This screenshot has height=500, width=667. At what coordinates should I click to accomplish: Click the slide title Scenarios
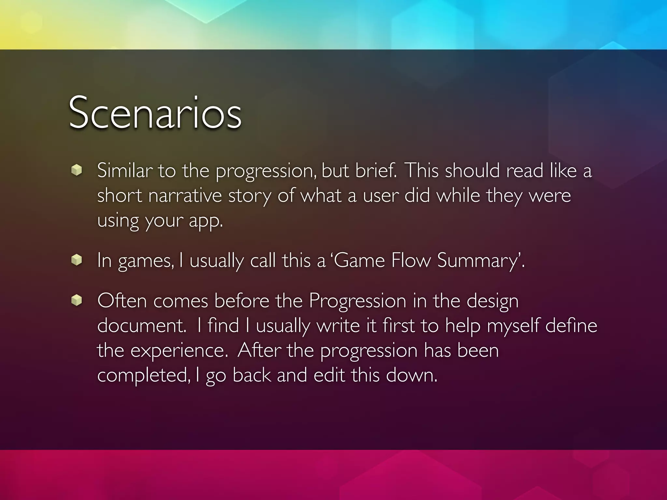(x=155, y=113)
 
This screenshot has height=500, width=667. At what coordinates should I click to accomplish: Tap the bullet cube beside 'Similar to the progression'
(x=77, y=170)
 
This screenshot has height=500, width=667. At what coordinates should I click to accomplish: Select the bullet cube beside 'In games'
(x=77, y=260)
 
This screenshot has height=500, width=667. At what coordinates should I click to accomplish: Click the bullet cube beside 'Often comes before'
(x=77, y=300)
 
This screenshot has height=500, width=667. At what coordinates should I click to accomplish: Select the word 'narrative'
(x=185, y=196)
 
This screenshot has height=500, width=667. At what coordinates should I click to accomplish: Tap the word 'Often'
(x=122, y=300)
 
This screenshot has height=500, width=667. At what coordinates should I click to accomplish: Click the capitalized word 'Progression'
(x=358, y=301)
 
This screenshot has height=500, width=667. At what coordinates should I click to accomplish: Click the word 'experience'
(x=179, y=351)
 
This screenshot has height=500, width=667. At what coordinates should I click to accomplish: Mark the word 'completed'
(x=143, y=375)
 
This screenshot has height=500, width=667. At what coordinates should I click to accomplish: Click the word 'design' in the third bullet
(x=492, y=301)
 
